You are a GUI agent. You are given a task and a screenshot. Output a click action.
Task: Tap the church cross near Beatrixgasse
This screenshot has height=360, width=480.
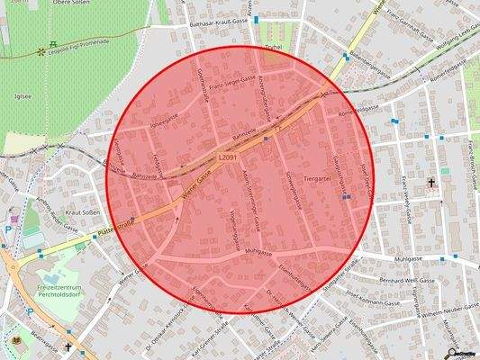(67, 345)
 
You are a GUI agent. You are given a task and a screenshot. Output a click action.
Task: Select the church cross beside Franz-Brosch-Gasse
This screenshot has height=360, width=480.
(431, 184)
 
